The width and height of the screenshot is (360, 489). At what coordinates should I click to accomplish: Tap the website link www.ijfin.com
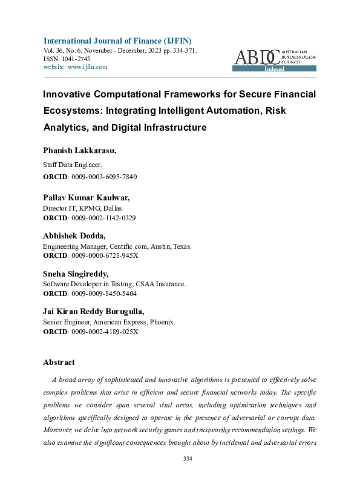coord(87,67)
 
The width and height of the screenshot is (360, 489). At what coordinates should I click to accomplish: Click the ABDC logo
coord(257,57)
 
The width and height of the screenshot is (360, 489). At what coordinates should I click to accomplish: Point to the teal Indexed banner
coord(274,69)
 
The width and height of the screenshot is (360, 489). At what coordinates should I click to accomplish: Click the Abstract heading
coord(59,362)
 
